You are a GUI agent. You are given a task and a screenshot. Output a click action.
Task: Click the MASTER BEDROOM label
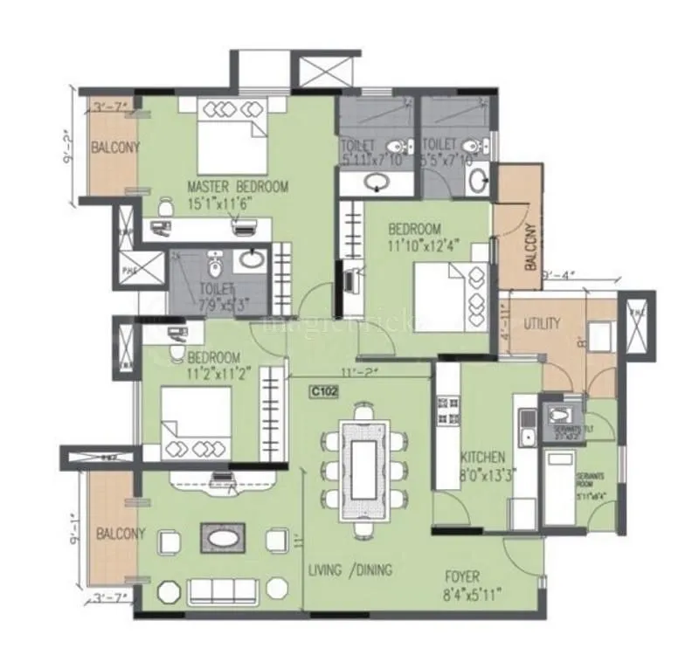click(237, 186)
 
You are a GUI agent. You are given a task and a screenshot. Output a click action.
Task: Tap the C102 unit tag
click(324, 393)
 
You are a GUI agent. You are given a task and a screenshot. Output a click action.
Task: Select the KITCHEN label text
click(483, 457)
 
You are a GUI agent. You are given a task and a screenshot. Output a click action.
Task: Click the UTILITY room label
click(542, 324)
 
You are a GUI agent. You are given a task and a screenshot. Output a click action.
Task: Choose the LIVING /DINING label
click(349, 570)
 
